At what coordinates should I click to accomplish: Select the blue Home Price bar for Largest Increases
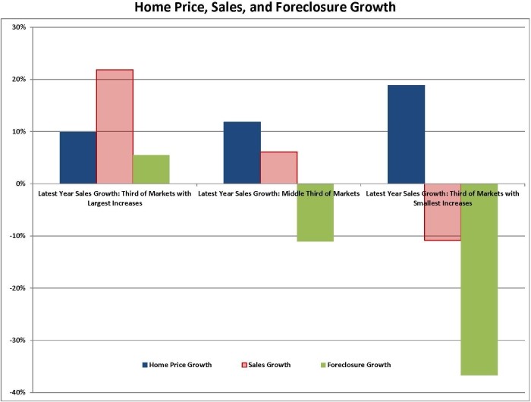pos(78,158)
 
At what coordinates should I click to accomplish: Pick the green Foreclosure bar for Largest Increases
pos(151,169)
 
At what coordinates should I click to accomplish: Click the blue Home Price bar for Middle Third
pos(242,152)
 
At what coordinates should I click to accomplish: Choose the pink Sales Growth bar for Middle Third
pos(278,168)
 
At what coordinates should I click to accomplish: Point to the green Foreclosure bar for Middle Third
pos(315,212)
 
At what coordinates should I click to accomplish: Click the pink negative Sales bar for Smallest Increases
pos(442,212)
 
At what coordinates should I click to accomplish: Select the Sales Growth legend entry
pos(268,365)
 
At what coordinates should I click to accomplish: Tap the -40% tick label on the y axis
pos(17,392)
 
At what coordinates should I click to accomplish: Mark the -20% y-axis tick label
pos(17,288)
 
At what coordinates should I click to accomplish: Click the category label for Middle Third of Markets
pos(278,194)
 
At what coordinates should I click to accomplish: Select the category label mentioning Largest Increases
pos(115,199)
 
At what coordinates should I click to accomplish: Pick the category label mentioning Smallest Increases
pos(442,199)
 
